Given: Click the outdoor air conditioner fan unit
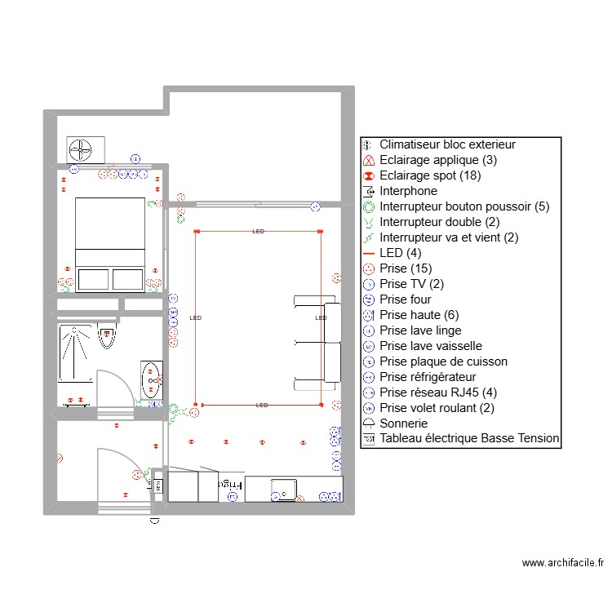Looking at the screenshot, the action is pos(86,150).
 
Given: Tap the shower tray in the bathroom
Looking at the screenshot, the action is pos(75,353).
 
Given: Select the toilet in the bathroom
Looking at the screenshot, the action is pos(107,335).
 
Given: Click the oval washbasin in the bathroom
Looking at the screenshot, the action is pos(151,379).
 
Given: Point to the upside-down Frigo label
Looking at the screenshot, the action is pos(230,485).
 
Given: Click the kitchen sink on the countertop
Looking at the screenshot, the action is pos(284,490).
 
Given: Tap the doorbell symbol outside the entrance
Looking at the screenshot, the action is pos(154,521).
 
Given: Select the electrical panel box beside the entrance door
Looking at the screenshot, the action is pos(158,486).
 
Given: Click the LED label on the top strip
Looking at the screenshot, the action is pos(259,232).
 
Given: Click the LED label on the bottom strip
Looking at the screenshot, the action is pos(262,405).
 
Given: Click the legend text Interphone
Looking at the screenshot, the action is pos(408,191).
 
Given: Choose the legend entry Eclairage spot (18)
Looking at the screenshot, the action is pos(430,175).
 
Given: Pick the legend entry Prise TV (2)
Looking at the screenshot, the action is pos(412,284).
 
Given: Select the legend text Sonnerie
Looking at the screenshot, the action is pos(404,423).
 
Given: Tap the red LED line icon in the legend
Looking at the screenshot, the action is pos(369,254).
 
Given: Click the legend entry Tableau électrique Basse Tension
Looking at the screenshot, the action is pos(469,438).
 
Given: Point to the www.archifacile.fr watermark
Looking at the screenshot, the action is pos(563,562).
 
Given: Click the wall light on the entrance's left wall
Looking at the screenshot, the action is pos(60,459).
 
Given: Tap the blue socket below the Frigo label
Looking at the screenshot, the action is pos(233,496).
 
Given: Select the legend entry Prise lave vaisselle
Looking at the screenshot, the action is pos(431,346).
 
